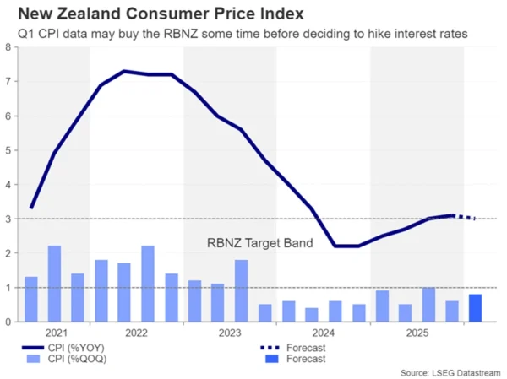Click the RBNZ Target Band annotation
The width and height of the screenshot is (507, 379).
(259, 243)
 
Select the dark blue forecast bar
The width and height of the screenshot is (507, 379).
(476, 307)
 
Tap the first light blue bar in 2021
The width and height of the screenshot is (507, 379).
(31, 299)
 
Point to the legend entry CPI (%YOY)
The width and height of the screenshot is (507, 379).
(68, 346)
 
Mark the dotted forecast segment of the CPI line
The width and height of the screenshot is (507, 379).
(466, 217)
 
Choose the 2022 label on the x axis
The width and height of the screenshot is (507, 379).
(136, 333)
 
